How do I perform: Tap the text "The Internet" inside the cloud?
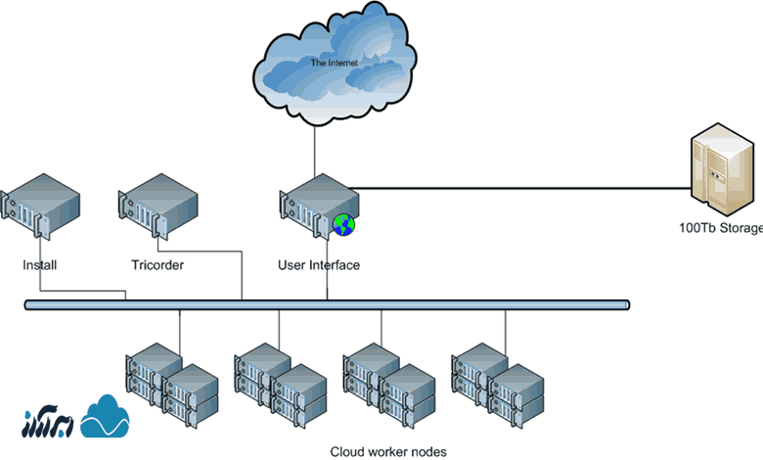pos(334,63)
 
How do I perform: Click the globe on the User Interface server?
pos(343,225)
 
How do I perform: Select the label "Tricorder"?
pos(157,265)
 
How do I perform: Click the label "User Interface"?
pos(319,265)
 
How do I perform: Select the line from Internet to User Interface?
pos(314,147)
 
